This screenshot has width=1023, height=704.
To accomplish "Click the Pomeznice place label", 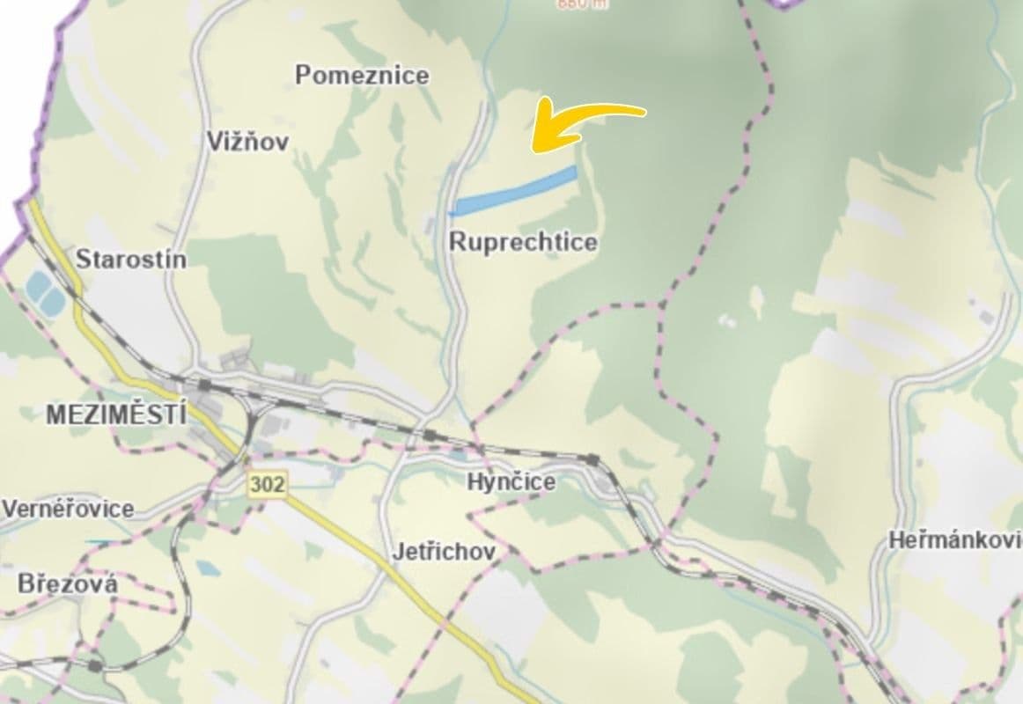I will tap(362, 75).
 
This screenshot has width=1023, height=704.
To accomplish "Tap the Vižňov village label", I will tap(247, 141).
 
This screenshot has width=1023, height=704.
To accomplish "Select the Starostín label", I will tap(131, 260).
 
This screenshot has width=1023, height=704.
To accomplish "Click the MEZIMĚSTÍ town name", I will tap(116, 414).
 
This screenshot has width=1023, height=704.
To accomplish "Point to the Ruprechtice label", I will tap(523, 242).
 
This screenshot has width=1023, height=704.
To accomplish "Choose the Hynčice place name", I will tap(511, 481).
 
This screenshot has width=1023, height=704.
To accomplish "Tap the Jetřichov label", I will tap(444, 552).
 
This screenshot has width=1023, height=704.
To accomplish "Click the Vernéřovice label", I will tap(69, 509).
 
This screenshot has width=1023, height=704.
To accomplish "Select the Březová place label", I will tap(67, 583).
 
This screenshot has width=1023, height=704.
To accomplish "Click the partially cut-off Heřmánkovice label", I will tap(955, 540).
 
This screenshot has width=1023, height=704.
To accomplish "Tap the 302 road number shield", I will tap(266, 483).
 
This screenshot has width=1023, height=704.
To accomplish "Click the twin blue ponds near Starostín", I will tap(44, 291).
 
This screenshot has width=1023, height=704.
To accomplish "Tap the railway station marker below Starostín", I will tap(204, 385).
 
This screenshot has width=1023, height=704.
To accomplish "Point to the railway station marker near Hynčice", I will tap(593, 458).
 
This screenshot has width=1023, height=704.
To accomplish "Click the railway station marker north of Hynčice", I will tap(430, 434).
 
